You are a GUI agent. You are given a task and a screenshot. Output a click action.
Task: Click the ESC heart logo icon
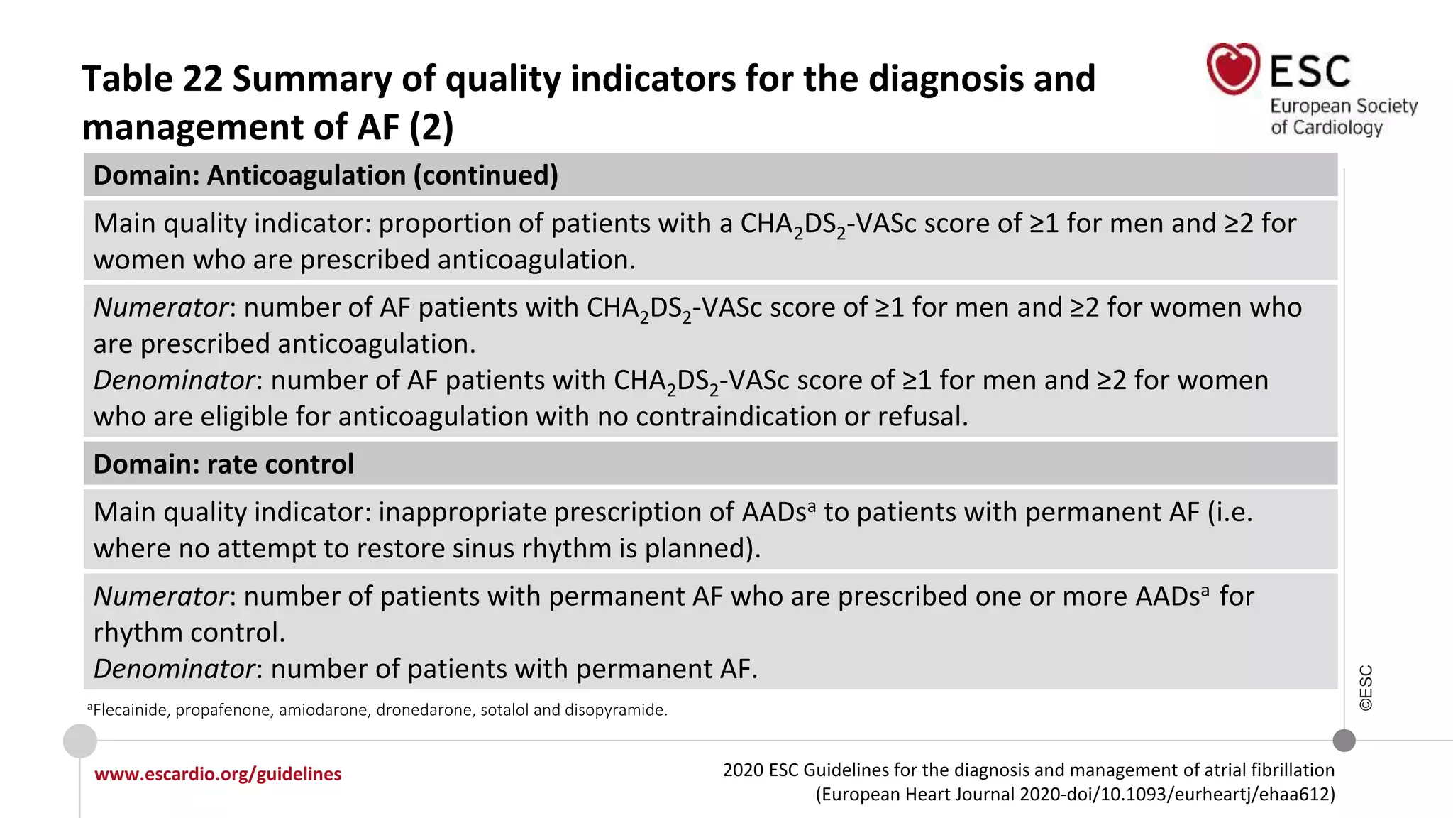coord(1233,69)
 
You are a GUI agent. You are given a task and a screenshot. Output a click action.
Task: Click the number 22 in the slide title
coord(202,79)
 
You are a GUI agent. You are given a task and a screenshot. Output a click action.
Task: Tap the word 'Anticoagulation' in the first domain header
coord(306,175)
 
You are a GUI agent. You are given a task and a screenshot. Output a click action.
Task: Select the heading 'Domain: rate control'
coord(223,464)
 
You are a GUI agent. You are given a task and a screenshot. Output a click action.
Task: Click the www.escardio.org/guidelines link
coord(218,774)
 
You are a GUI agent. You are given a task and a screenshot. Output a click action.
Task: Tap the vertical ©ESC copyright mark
coord(1366,687)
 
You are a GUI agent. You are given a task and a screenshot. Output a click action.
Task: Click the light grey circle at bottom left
coord(80,741)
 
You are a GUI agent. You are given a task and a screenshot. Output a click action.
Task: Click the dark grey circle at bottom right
coord(1344,741)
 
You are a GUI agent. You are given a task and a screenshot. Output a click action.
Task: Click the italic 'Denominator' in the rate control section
coord(175,670)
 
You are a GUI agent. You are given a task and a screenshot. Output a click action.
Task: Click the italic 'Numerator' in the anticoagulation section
coord(161,308)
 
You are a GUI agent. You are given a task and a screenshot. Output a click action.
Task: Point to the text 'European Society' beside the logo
coord(1343,106)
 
